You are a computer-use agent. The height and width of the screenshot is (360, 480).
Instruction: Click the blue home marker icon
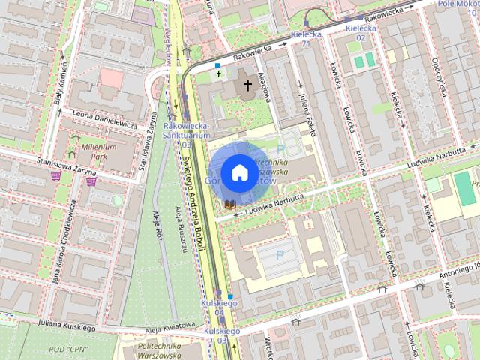pyautogui.click(x=238, y=172)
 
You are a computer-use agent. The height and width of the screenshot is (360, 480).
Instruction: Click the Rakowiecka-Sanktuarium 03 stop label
pyautogui.click(x=181, y=132)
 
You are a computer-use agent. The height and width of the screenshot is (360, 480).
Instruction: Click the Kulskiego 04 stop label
pyautogui.click(x=219, y=307)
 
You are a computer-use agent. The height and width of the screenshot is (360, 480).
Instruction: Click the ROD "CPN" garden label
pyautogui.click(x=67, y=349)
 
